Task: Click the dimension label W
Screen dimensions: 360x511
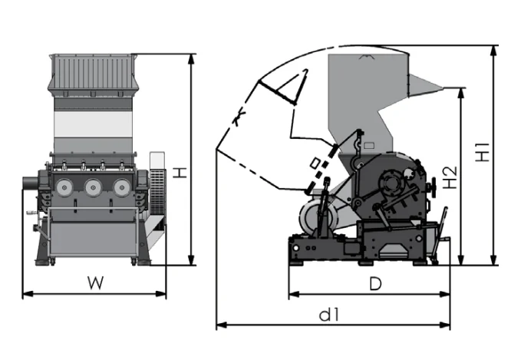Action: click(x=94, y=282)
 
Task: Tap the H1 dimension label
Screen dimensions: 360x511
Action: click(x=483, y=153)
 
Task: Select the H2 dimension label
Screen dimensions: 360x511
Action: click(x=450, y=178)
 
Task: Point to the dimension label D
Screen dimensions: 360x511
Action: click(x=375, y=284)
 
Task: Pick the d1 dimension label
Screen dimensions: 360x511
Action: click(x=329, y=315)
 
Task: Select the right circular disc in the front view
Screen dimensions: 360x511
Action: click(x=121, y=187)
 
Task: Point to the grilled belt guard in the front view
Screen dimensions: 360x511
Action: click(x=157, y=184)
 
